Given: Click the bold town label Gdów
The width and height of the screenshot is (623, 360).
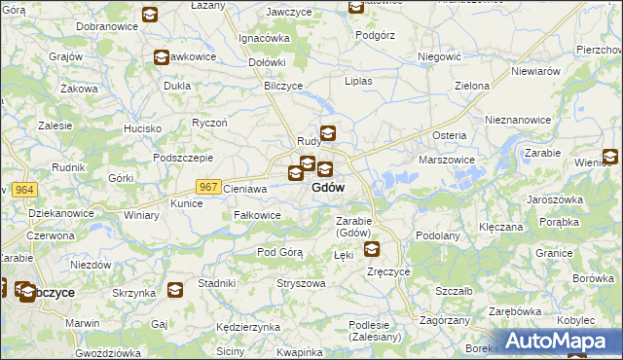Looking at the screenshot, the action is pos(328,188).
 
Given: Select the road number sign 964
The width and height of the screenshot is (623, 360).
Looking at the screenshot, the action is pos(25,189).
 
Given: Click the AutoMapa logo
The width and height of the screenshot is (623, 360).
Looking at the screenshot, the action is pos(561,341).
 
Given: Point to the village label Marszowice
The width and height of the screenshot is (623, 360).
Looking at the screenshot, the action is pos(446,159).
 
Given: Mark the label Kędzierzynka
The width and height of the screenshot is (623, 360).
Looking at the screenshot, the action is pos(249,327).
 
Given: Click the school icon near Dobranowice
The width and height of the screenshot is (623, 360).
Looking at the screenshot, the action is pos(150,15).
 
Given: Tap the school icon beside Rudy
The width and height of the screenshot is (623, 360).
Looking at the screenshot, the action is pos(329,134).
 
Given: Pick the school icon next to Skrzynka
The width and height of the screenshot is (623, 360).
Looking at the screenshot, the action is pos(174,289).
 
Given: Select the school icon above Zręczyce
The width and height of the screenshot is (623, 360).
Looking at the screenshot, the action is pos(373,250).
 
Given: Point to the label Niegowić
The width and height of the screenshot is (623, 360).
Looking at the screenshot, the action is pos(438,57).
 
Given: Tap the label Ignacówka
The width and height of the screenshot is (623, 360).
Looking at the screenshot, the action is pos(265,38).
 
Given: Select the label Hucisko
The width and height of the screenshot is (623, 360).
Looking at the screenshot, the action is pos(142,128).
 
